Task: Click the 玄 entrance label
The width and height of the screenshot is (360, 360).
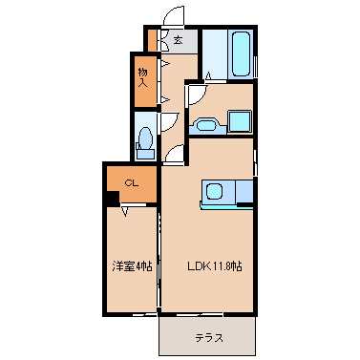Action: [x=179, y=40]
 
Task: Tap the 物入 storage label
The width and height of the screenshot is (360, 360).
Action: [x=143, y=78]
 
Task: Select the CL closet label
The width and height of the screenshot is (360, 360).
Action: [x=132, y=183]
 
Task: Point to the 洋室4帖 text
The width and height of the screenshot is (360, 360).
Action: [x=132, y=265]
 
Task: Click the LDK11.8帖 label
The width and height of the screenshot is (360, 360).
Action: [x=215, y=265]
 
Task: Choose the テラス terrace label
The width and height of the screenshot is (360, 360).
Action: [x=209, y=338]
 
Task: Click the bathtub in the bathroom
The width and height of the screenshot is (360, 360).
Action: [x=241, y=53]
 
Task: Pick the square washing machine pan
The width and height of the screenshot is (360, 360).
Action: [x=240, y=121]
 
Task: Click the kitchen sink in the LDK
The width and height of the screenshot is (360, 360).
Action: [x=214, y=191]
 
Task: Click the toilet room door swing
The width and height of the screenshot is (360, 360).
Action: [x=170, y=122]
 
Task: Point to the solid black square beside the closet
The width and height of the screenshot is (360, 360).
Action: [x=112, y=198]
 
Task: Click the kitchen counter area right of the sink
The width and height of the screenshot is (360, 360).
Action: [x=244, y=191]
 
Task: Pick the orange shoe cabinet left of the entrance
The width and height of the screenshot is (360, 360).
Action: [x=153, y=40]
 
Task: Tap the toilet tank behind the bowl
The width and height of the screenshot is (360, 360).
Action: [x=146, y=154]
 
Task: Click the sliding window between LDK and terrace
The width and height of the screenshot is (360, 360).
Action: [x=199, y=314]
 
